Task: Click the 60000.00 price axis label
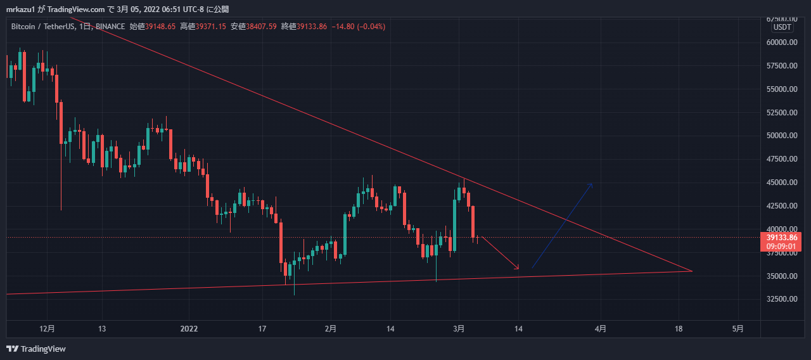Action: (780, 42)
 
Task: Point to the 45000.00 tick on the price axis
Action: (780, 183)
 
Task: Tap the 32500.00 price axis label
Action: (780, 299)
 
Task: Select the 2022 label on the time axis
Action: (189, 329)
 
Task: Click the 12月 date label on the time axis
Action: (47, 329)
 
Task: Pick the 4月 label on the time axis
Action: (601, 329)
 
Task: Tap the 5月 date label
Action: (738, 329)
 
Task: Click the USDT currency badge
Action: (782, 27)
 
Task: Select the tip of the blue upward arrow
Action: (592, 183)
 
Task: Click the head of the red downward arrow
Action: (519, 269)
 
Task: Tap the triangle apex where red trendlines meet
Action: (693, 271)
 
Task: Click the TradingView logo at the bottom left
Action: (36, 349)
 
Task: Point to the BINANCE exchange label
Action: (111, 27)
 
